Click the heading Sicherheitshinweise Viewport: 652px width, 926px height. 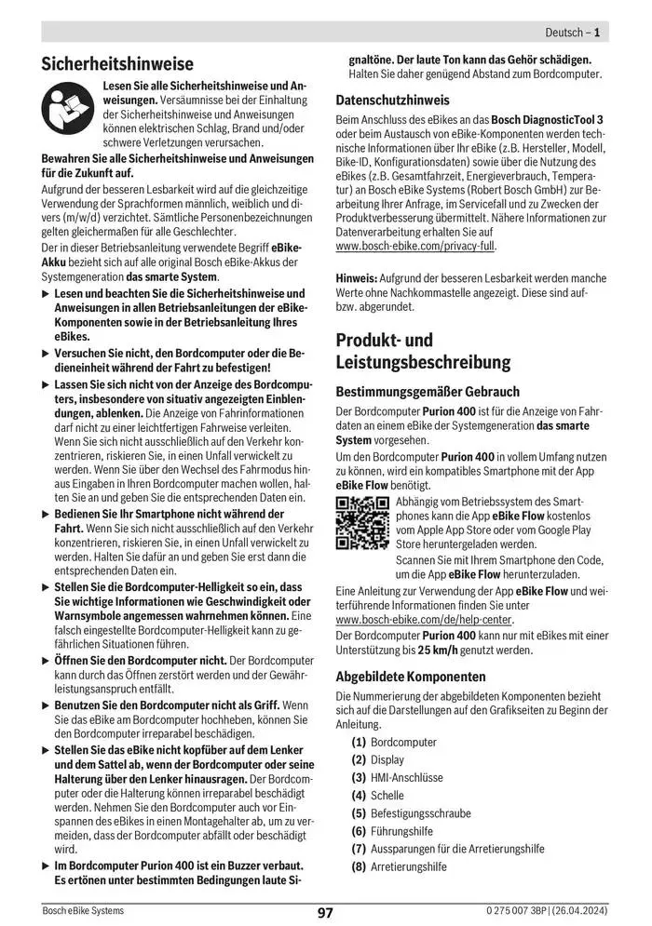click(x=117, y=64)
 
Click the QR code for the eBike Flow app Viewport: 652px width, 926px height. click(x=361, y=525)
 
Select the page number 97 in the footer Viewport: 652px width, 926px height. click(x=325, y=912)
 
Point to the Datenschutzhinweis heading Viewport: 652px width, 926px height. click(x=392, y=100)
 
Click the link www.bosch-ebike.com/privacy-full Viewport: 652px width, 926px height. click(x=415, y=247)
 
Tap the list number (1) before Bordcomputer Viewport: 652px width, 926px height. click(x=359, y=742)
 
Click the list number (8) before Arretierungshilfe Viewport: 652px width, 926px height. click(x=359, y=866)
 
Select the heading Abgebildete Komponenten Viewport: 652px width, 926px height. click(x=410, y=677)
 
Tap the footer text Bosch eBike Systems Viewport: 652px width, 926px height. click(x=83, y=910)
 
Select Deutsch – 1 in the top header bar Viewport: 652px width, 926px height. click(x=572, y=33)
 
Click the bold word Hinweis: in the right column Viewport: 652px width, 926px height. click(x=357, y=277)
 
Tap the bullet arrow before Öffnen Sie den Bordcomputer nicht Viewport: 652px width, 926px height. click(x=47, y=660)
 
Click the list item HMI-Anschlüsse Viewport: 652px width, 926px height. click(x=407, y=777)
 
